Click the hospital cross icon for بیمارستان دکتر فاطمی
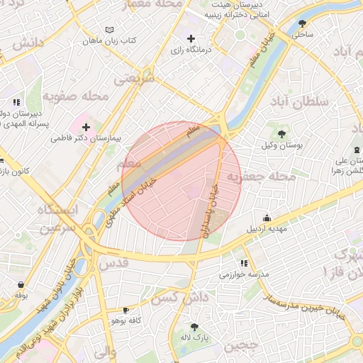tap(86, 126)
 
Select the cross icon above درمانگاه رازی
tap(190, 38)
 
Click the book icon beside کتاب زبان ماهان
tap(108, 30)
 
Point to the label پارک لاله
tap(196, 338)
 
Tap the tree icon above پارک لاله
tap(194, 326)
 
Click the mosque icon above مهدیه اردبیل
tap(267, 218)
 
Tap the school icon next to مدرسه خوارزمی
tap(245, 263)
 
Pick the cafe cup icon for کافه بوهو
tap(126, 310)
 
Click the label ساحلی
tap(303, 33)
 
